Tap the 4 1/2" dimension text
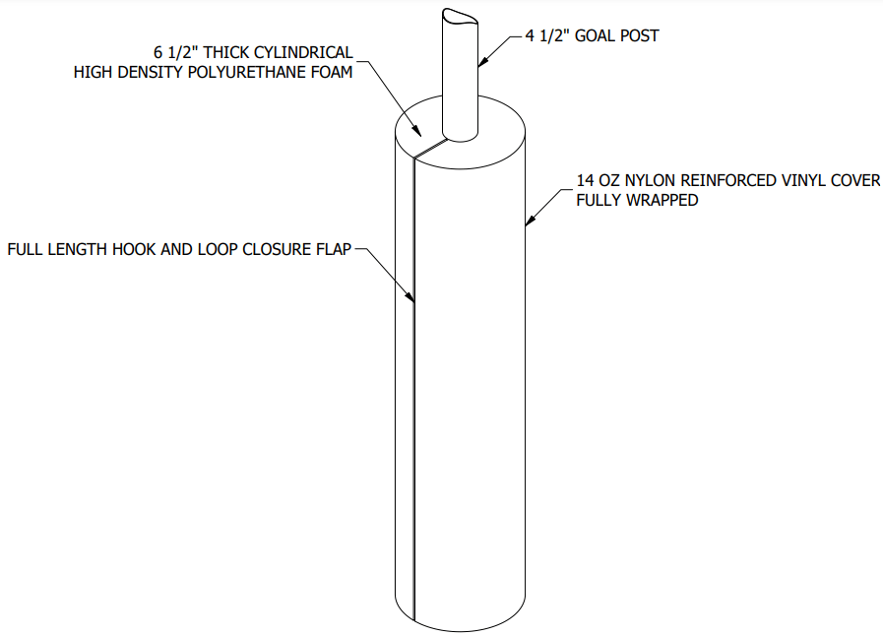pyautogui.click(x=551, y=36)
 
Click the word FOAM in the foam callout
pyautogui.click(x=330, y=72)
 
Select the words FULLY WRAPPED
pyautogui.click(x=637, y=200)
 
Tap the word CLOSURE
pyautogui.click(x=269, y=249)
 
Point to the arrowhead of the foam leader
pyautogui.click(x=420, y=135)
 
